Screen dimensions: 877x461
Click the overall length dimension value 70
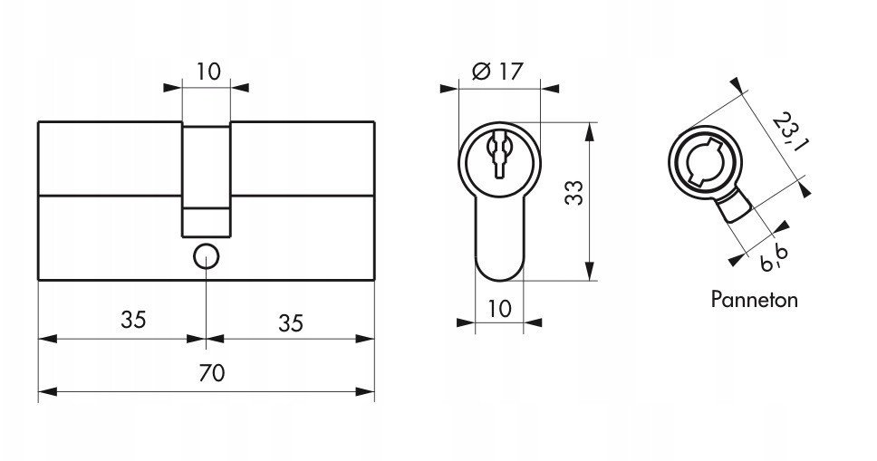(211, 372)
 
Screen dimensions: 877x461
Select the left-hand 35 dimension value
(133, 320)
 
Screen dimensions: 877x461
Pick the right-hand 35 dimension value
(290, 323)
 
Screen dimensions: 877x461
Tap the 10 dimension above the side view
(208, 72)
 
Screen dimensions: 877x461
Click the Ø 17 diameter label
(497, 71)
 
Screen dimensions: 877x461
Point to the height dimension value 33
(574, 192)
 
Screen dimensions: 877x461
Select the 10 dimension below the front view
(499, 308)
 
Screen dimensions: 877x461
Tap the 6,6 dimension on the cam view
(776, 259)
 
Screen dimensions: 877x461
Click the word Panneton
(754, 300)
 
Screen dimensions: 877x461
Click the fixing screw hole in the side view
(207, 257)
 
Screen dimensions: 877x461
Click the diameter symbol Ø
(481, 71)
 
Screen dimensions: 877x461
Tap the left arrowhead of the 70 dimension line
(47, 391)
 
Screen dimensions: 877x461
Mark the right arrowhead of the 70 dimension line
(365, 391)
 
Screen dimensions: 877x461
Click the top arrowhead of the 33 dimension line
(590, 132)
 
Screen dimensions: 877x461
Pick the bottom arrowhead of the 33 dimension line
(590, 271)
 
